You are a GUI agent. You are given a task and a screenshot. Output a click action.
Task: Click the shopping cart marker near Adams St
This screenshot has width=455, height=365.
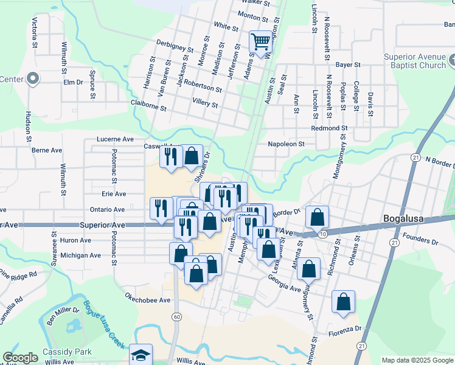tap(260, 43)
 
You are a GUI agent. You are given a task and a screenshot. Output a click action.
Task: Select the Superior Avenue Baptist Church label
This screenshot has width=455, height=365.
tap(415, 61)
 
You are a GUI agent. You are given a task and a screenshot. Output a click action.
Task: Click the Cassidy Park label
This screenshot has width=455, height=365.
tap(67, 352)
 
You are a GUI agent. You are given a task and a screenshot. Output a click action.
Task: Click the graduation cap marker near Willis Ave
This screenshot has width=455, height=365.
tap(141, 355)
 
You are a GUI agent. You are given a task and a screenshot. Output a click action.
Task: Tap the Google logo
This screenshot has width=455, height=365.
tap(20, 358)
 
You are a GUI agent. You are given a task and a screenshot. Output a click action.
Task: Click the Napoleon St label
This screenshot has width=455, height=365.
tap(287, 144)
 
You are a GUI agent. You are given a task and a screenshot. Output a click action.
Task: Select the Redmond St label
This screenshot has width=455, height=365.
tap(328, 128)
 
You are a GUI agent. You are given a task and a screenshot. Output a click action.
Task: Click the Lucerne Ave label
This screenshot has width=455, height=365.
tap(116, 139)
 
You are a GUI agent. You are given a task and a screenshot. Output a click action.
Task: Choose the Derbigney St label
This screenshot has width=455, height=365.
tap(175, 46)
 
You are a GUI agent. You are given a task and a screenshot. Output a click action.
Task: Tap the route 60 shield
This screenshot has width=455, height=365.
tap(176, 316)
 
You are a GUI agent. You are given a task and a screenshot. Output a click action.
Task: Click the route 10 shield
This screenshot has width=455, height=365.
tap(322, 234)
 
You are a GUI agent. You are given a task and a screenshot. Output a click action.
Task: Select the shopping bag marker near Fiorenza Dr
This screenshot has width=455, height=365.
tap(343, 302)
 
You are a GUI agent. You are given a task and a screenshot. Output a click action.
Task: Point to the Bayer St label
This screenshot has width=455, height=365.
tap(349, 64)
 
